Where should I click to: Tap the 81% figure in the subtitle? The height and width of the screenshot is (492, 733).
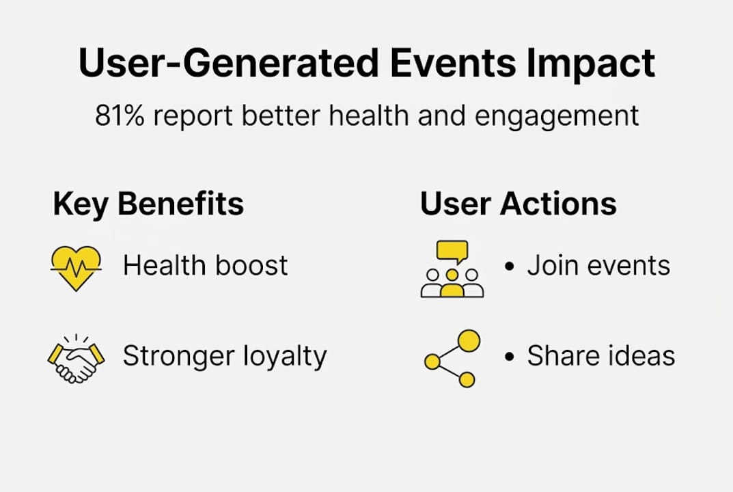tap(119, 115)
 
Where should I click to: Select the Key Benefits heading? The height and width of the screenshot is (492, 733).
tap(148, 204)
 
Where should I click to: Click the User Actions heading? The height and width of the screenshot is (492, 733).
tap(518, 204)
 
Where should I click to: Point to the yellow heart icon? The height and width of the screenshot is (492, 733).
tap(76, 267)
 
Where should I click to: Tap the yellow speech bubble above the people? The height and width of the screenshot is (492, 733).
tap(452, 251)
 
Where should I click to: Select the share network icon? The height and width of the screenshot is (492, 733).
tap(452, 359)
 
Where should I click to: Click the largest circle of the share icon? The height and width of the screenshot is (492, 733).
tap(469, 340)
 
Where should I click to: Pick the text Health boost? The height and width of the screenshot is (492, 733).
tap(205, 265)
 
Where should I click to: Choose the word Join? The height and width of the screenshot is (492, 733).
tap(549, 265)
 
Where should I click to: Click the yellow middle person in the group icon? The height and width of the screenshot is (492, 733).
tap(452, 284)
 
